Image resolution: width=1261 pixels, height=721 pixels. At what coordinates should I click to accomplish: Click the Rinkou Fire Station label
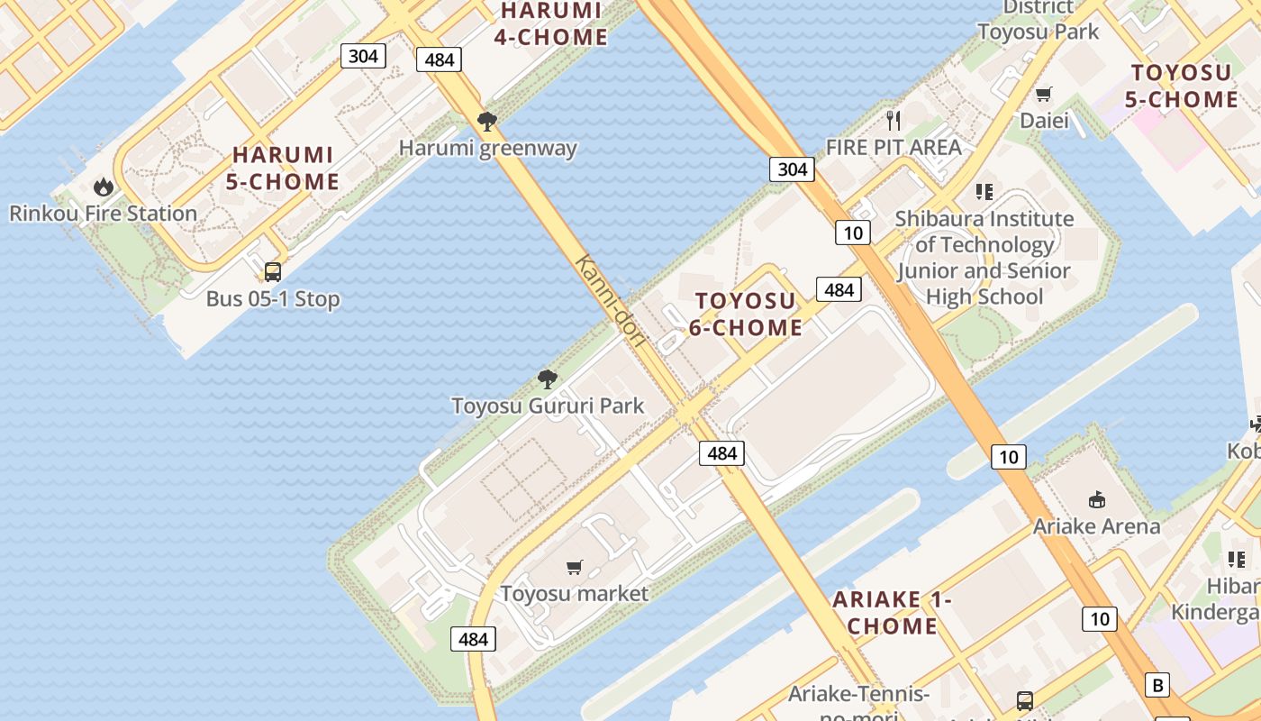click(103, 214)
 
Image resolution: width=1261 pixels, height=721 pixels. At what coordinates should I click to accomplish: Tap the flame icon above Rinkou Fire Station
click(104, 187)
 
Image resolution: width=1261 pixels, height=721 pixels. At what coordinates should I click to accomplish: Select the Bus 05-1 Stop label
click(273, 298)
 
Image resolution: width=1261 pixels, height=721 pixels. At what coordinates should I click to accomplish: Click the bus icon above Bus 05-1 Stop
click(272, 271)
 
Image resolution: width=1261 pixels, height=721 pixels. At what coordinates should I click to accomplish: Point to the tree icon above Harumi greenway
click(487, 121)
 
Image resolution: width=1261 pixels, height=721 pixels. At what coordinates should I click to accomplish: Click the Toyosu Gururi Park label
click(548, 406)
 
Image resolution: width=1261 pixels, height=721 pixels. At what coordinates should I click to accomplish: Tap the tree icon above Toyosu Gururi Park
click(547, 379)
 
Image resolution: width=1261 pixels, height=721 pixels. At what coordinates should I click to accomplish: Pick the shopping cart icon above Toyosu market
click(574, 567)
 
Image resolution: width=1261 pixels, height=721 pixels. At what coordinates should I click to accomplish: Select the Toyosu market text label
click(574, 594)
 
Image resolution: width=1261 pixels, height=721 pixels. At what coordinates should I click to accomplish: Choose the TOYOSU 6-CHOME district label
click(746, 314)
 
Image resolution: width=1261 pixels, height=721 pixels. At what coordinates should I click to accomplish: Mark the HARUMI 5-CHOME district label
click(282, 169)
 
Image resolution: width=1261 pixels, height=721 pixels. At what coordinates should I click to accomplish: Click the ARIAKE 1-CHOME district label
click(892, 613)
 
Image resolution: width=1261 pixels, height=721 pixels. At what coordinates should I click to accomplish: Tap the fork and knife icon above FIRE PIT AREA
click(894, 120)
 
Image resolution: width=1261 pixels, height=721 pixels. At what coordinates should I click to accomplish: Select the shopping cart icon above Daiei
click(1044, 94)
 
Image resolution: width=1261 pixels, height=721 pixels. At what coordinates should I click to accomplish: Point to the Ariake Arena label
click(1096, 526)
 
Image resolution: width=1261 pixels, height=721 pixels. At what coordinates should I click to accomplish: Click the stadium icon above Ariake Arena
click(1096, 499)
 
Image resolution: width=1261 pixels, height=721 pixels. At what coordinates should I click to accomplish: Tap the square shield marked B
click(1158, 685)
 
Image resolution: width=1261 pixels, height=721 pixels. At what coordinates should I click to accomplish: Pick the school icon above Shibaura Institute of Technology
click(984, 191)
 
